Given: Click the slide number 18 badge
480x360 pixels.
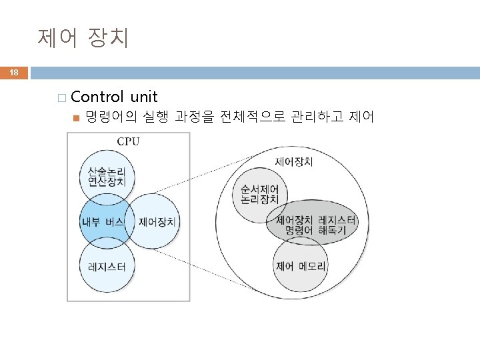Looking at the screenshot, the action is coord(14,73).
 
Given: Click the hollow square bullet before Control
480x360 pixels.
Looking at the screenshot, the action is coord(62,99).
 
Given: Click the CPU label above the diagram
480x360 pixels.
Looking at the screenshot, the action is coord(129,141).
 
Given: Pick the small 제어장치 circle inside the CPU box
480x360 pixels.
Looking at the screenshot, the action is coord(157,222).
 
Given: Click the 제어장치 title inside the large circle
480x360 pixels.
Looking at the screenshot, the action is coord(294,162).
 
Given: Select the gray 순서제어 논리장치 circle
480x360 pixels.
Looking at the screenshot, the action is coord(260,194).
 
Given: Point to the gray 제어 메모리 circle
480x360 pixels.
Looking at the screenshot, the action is coord(301,265).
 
